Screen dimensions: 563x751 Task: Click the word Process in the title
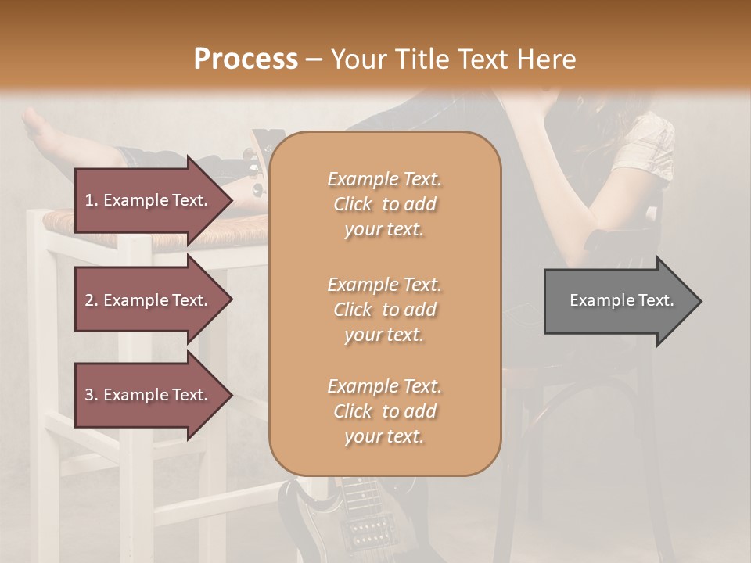(x=246, y=59)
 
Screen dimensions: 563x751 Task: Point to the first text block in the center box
(x=384, y=204)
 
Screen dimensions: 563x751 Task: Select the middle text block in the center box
(x=384, y=310)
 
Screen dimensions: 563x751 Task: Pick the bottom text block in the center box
(x=384, y=411)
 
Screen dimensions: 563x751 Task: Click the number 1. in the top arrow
(x=92, y=200)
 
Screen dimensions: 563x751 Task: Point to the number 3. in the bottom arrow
(x=92, y=395)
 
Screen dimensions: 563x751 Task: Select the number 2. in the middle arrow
(x=92, y=300)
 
